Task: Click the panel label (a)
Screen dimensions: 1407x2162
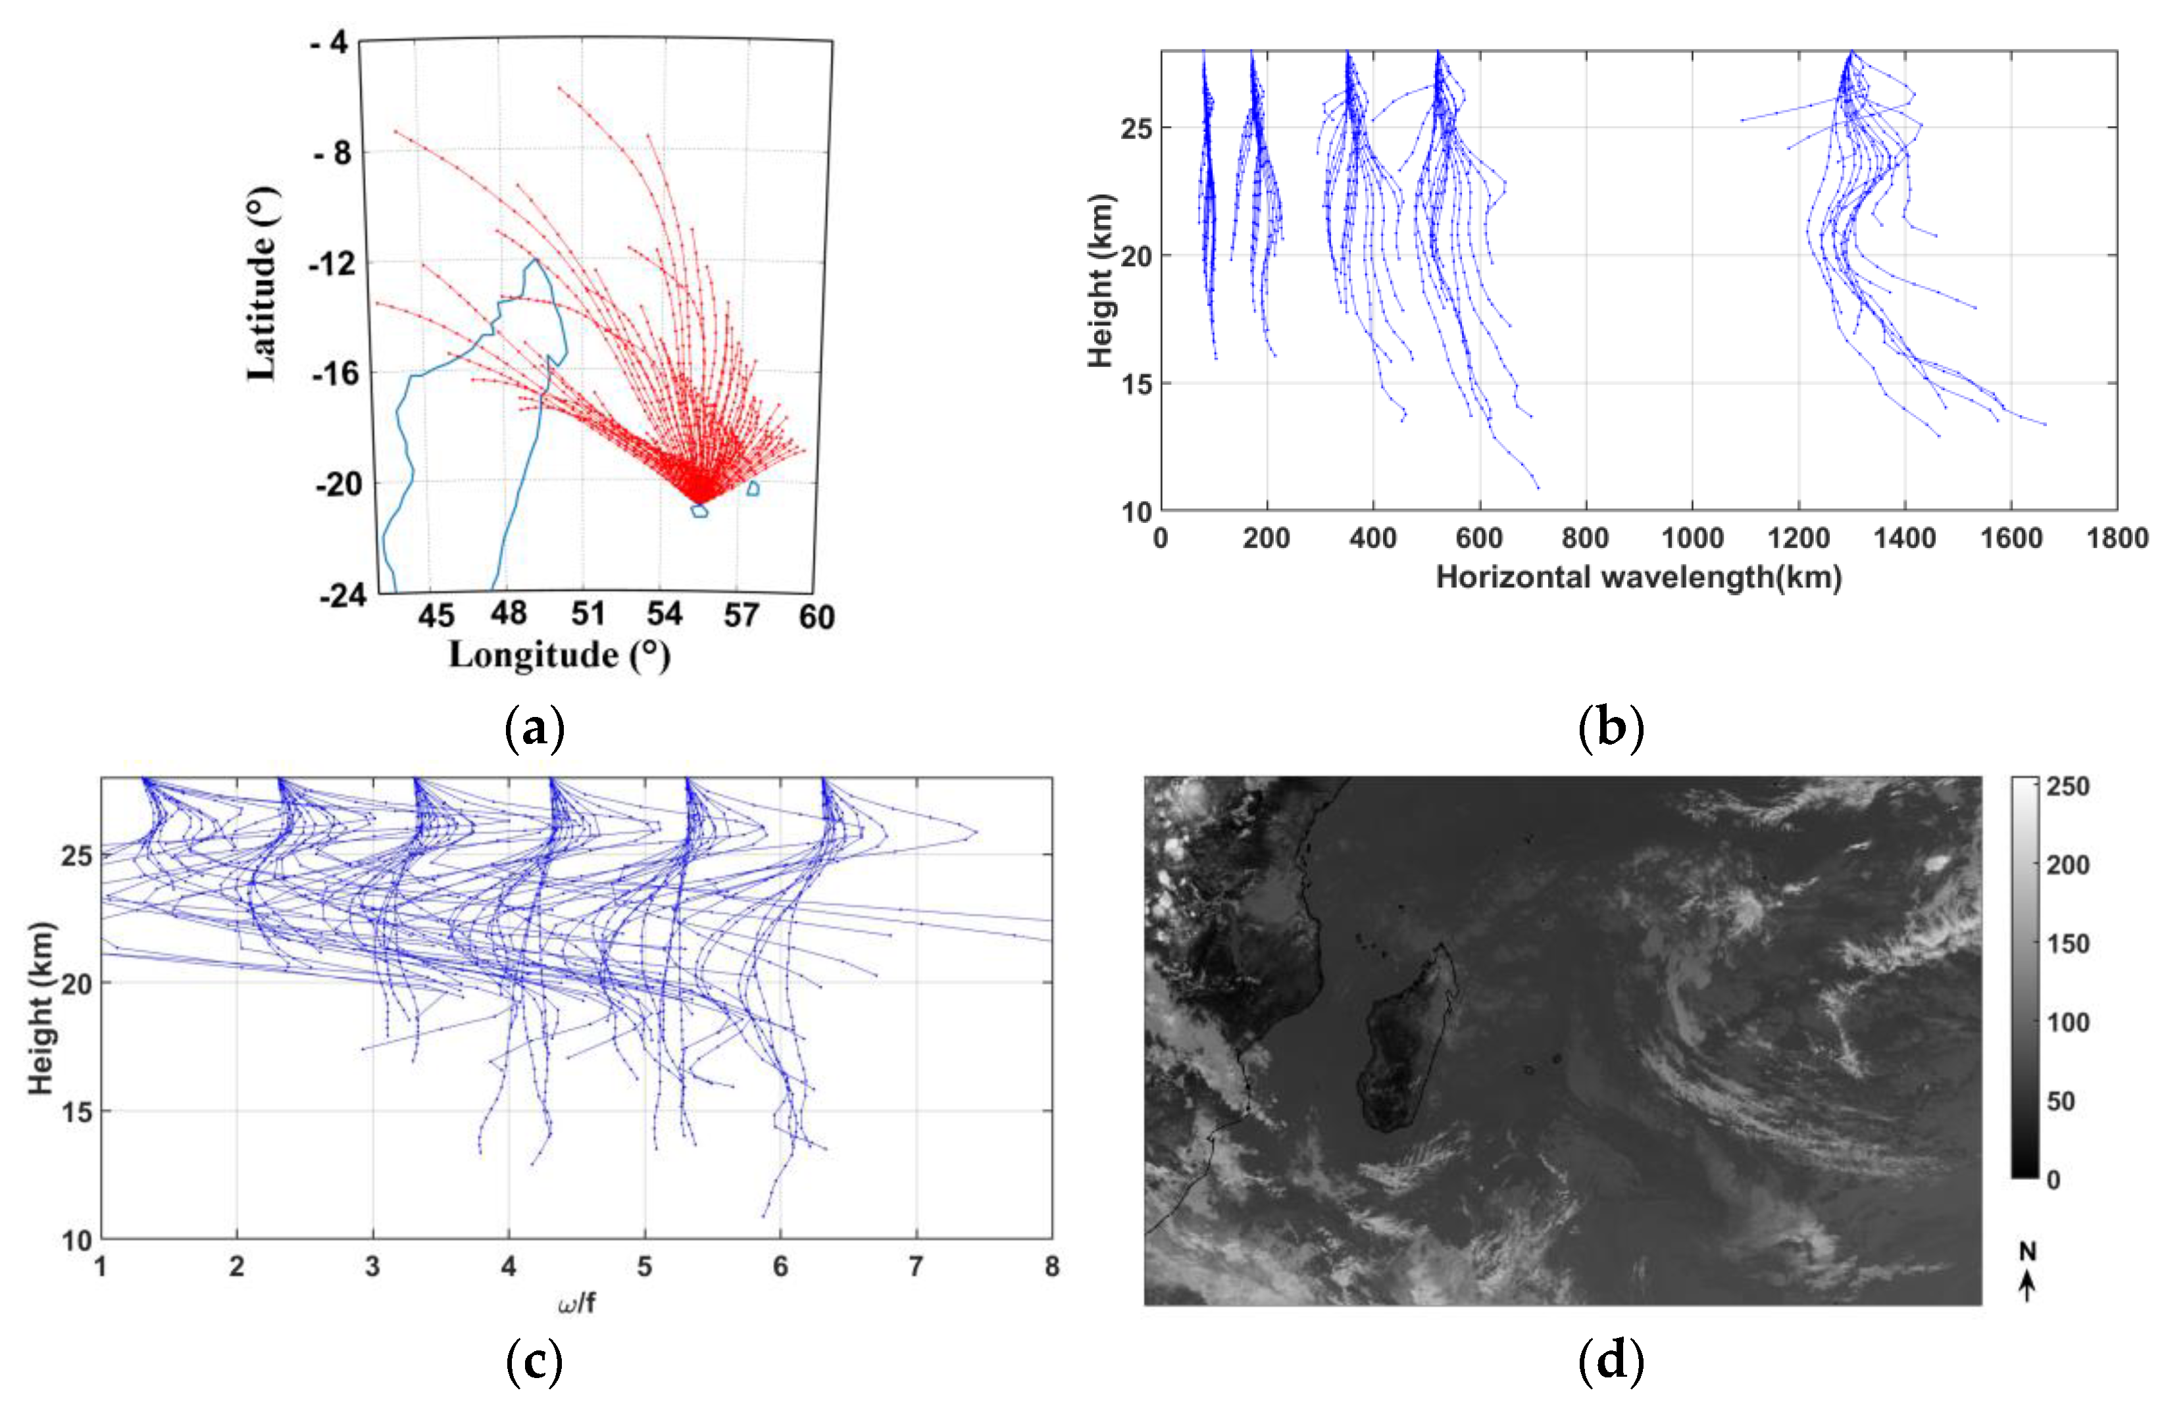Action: pos(534,728)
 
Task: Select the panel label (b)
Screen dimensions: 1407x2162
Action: pos(1611,728)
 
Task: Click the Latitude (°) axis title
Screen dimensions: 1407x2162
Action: pos(263,284)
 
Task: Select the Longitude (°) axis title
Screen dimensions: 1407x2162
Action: pos(559,656)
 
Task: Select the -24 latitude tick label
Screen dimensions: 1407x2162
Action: pos(343,596)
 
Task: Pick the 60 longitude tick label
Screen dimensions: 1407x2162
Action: pos(816,618)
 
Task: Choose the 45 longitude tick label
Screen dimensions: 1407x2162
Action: pos(436,616)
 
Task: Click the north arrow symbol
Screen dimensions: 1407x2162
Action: pos(2026,1286)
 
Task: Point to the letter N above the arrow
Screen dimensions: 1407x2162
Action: pos(2026,1252)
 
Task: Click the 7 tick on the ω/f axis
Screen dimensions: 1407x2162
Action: pos(916,1266)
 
